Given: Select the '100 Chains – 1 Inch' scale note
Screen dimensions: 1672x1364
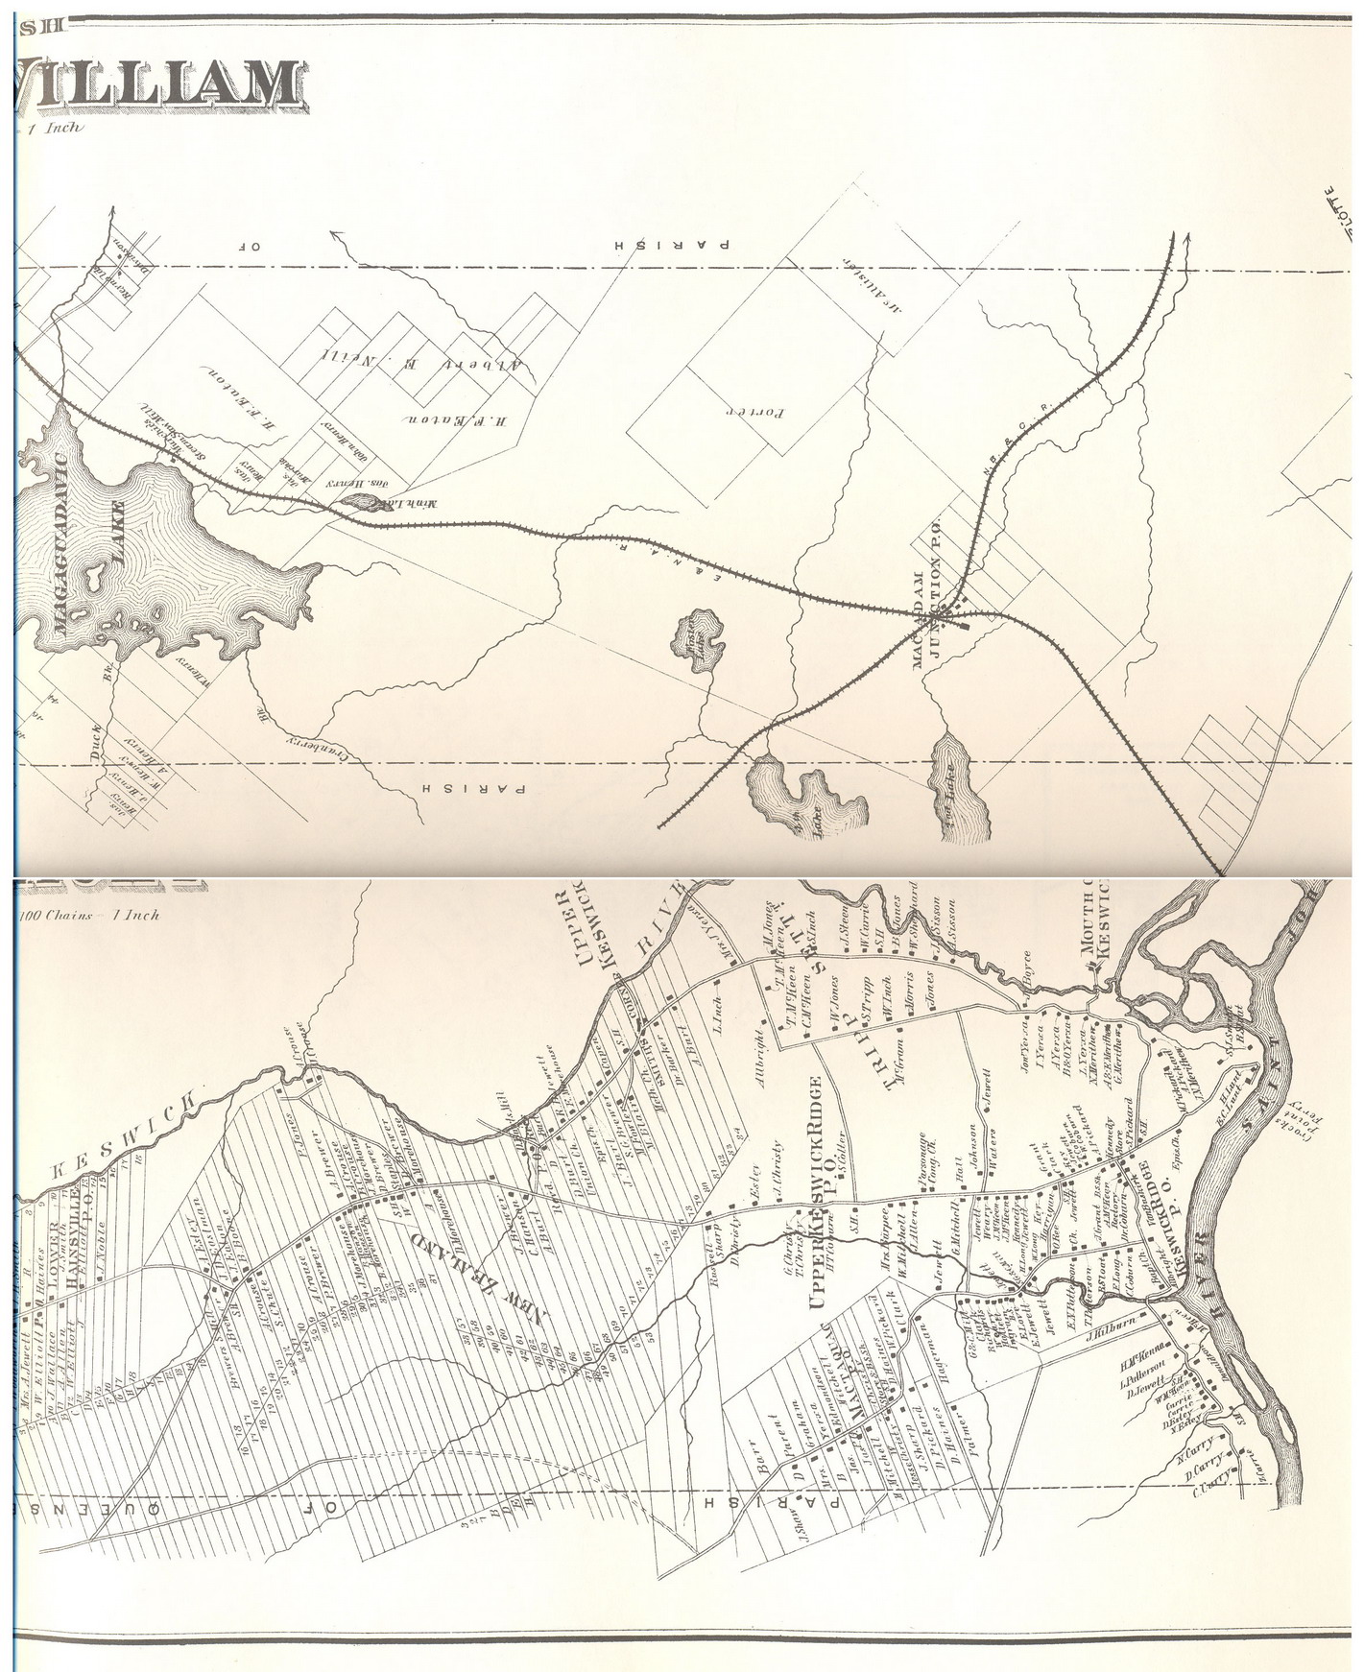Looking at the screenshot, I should pos(91,915).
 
